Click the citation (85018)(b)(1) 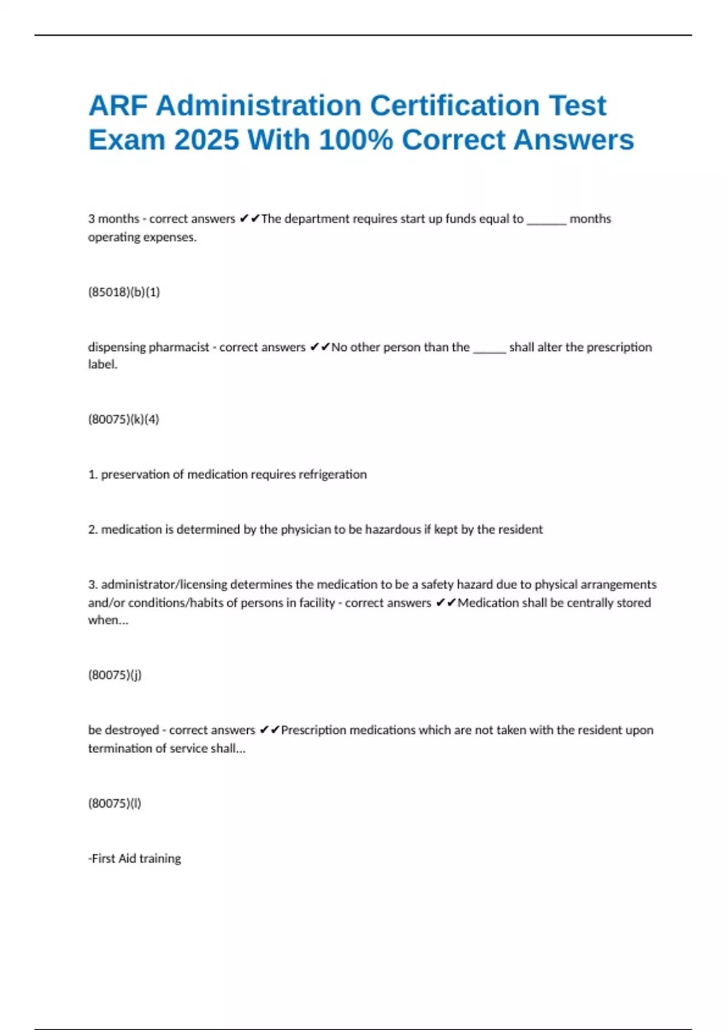[x=124, y=292]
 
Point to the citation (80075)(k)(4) [x=124, y=419]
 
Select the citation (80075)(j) [x=115, y=675]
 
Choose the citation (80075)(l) [x=115, y=803]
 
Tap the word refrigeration [x=329, y=474]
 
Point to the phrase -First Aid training [x=134, y=859]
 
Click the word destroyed [x=131, y=730]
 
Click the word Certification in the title [x=455, y=105]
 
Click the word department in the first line [x=317, y=219]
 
